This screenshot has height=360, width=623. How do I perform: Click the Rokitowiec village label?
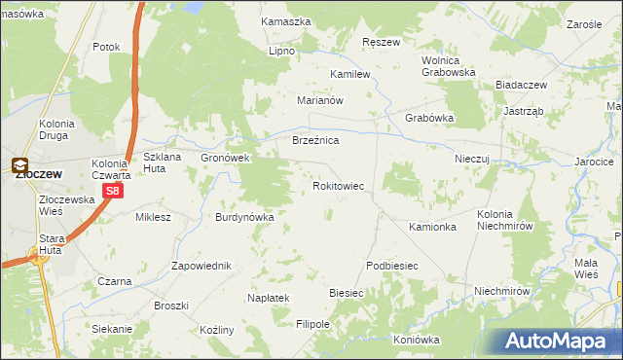pos(338,185)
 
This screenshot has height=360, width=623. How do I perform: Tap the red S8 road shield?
pos(113,192)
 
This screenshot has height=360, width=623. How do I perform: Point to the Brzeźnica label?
pos(315,141)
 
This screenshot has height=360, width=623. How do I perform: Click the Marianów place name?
pos(321,100)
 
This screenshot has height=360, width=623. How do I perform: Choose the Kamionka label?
pos(433,227)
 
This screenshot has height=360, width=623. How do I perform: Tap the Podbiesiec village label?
pos(391,266)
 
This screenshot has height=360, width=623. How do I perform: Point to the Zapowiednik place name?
pos(201,266)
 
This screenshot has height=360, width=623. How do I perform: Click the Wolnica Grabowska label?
pos(448,65)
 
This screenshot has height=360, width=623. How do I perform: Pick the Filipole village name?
pos(313,324)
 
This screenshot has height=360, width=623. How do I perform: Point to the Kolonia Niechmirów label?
pos(503,220)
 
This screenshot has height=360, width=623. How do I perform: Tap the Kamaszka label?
pos(285,20)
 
